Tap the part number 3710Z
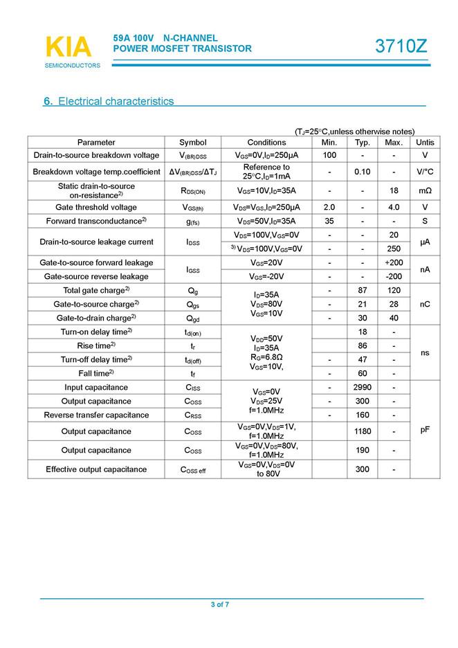[401, 46]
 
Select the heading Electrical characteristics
[109, 101]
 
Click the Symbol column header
[193, 142]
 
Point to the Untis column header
[425, 142]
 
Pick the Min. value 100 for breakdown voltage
[329, 155]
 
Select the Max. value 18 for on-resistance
[394, 190]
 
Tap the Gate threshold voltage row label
[96, 207]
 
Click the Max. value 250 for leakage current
[394, 249]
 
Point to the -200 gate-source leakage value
[394, 276]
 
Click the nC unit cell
[425, 304]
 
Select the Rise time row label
[96, 345]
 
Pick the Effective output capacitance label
[96, 469]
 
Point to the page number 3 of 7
[220, 604]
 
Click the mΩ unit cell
[425, 190]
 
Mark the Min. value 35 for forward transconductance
[329, 221]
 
